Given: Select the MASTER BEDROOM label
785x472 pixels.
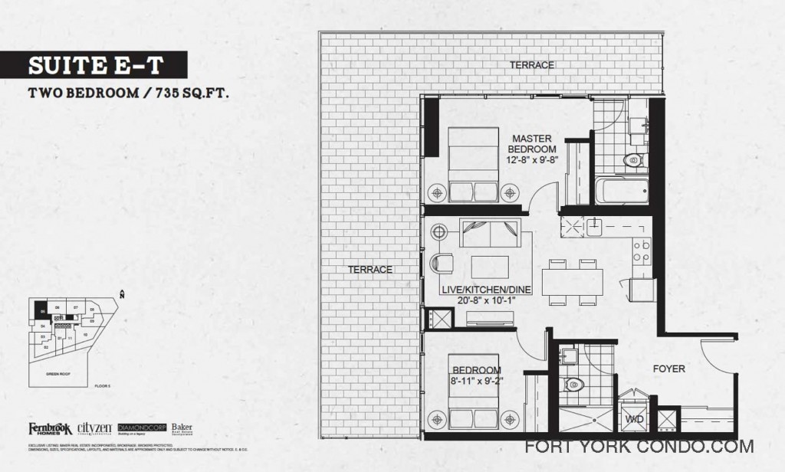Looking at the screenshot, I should pyautogui.click(x=532, y=143).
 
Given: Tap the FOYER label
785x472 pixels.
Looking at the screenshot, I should pyautogui.click(x=668, y=369).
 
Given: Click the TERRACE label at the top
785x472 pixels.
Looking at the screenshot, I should pyautogui.click(x=531, y=66).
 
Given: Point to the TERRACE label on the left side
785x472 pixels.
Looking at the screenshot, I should pyautogui.click(x=370, y=269).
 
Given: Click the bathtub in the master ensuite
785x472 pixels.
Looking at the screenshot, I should pyautogui.click(x=622, y=191).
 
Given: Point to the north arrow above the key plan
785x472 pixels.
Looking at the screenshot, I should pyautogui.click(x=123, y=293).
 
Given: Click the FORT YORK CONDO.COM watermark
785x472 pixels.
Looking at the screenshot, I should pyautogui.click(x=639, y=447).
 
